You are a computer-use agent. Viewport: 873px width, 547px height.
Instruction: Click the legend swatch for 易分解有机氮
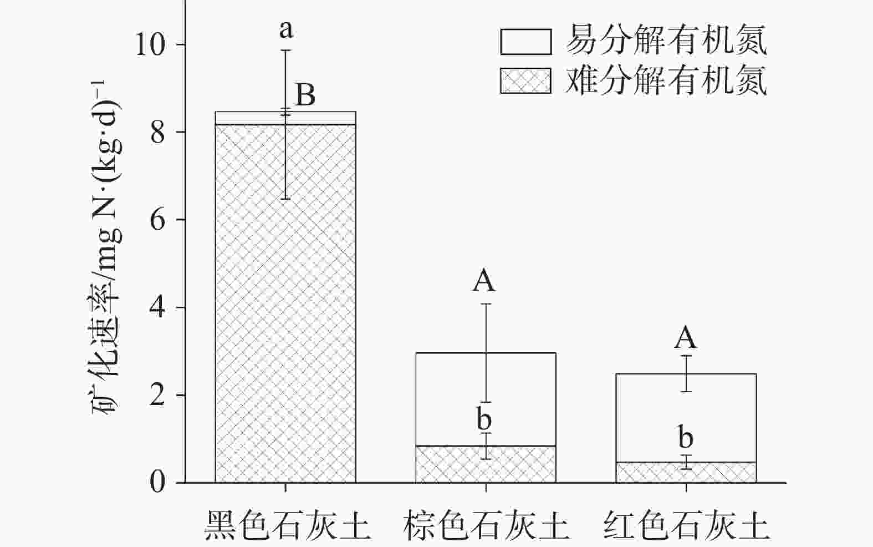[x=525, y=42]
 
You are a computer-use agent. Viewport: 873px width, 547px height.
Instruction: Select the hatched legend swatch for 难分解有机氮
[x=525, y=81]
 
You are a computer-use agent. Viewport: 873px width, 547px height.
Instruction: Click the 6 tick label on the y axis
[x=159, y=220]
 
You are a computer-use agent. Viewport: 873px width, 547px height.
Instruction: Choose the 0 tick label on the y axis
[x=159, y=482]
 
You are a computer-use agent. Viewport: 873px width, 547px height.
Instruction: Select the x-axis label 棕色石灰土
[x=486, y=525]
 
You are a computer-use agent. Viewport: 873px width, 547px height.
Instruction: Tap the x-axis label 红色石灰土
[x=686, y=525]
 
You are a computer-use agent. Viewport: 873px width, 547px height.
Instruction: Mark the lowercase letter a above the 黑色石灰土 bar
[x=286, y=29]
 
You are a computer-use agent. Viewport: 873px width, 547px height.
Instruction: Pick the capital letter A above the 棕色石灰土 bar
[x=484, y=281]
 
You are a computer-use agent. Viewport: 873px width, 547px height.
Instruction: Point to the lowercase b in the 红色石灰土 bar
[x=686, y=438]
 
